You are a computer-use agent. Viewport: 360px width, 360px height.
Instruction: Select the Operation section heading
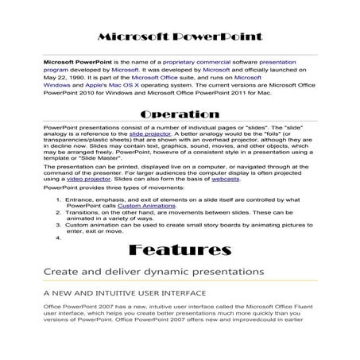[x=180, y=114]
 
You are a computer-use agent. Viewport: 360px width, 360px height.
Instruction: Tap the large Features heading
[x=179, y=251]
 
